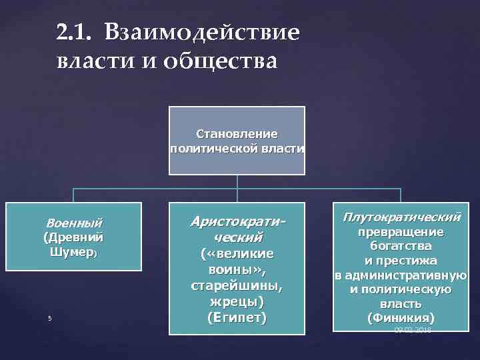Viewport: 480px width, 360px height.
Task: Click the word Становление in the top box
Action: (237, 134)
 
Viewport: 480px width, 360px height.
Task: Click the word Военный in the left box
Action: (73, 222)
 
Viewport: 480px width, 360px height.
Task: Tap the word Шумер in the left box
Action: (72, 253)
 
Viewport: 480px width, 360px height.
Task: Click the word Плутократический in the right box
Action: (401, 217)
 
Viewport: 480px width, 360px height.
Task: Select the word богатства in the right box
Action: (401, 246)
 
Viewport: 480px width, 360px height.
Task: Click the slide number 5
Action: (49, 318)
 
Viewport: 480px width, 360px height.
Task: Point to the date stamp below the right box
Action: (413, 330)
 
